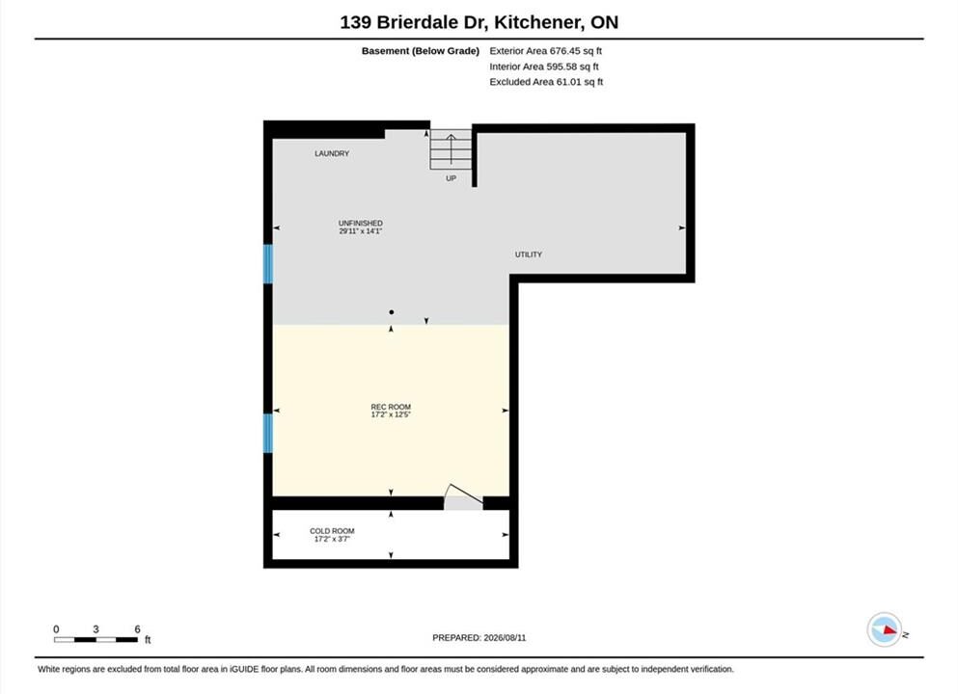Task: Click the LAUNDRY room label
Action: (332, 154)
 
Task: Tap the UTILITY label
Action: (529, 254)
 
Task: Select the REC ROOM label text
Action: (391, 407)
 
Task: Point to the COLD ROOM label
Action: (332, 531)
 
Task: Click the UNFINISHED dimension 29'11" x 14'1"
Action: (361, 231)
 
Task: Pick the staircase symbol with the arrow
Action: (451, 149)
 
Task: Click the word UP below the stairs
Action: (451, 178)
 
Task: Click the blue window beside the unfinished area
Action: (267, 264)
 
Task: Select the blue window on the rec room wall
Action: (267, 434)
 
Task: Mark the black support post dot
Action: (391, 312)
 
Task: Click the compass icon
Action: (885, 629)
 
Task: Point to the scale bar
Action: (96, 640)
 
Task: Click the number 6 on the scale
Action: (137, 628)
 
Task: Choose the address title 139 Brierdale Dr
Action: (414, 22)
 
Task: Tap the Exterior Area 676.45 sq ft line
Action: (546, 51)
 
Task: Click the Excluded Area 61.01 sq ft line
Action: (546, 82)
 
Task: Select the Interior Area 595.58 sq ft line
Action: (544, 67)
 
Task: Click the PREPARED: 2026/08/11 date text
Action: (479, 638)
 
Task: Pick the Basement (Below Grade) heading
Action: (421, 51)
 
